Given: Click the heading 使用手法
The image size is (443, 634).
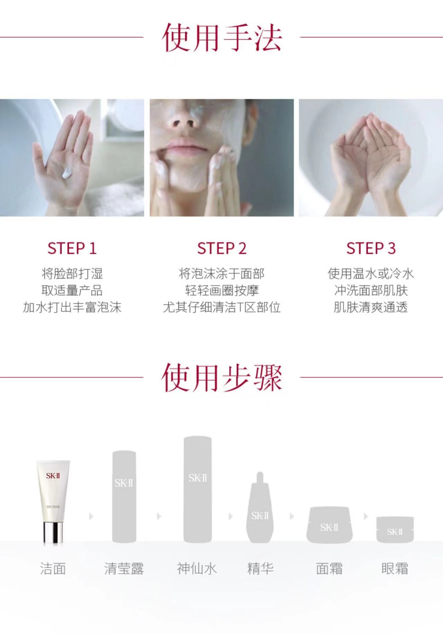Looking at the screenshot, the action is point(221,38).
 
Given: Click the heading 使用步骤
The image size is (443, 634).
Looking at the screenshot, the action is point(221,377).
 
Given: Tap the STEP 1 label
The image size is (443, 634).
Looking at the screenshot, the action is point(72,248).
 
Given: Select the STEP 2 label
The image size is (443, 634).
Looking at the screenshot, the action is point(221,248).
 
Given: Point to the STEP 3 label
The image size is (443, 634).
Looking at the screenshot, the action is point(371,248).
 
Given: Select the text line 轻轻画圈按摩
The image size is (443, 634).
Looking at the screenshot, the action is point(221,290).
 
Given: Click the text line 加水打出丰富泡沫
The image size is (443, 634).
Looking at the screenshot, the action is point(72,307).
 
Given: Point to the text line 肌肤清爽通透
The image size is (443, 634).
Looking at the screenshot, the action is point(371,307).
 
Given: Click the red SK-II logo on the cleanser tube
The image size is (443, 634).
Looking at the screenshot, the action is point(53,476).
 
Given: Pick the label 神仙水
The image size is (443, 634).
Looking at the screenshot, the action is point(197,568).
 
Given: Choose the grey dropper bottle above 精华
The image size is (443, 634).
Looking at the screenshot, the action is point(260,507).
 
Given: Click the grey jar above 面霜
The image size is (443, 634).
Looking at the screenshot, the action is point(329,525).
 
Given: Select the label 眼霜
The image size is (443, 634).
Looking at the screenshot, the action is point(395,568).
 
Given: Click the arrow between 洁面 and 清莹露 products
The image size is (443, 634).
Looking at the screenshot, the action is point(91,516).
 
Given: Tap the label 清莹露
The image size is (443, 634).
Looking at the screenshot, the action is point(124,568).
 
